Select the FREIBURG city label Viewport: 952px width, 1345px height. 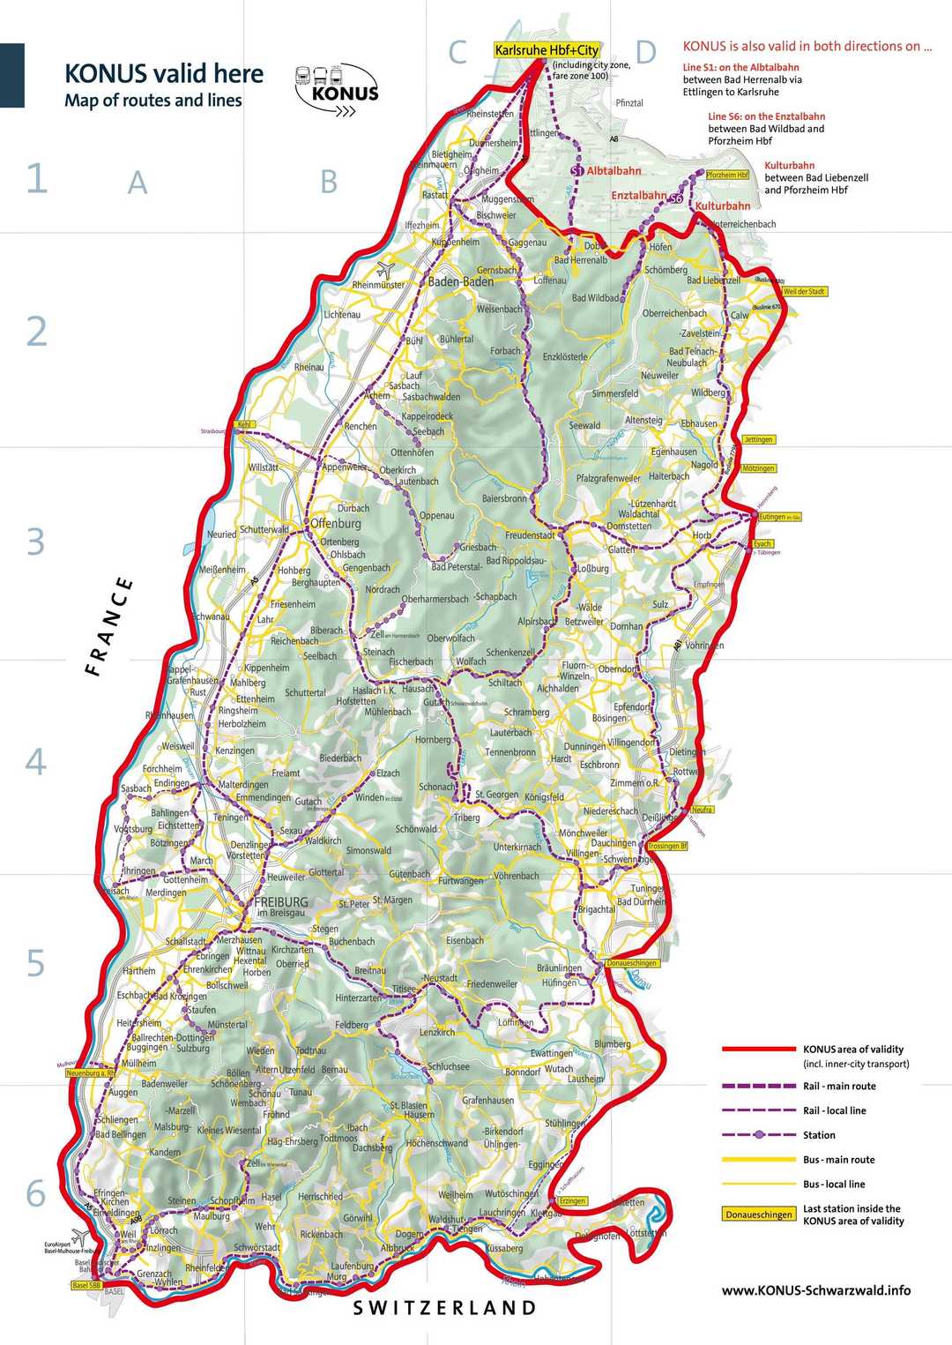(x=280, y=902)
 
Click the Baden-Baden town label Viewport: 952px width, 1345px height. (x=460, y=282)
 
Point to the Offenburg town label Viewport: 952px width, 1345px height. (x=336, y=523)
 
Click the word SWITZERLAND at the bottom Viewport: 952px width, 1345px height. (x=444, y=1308)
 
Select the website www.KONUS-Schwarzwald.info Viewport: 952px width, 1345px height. (x=815, y=1290)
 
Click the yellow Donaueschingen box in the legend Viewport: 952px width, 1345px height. (x=759, y=1214)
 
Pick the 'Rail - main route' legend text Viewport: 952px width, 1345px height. (x=839, y=1087)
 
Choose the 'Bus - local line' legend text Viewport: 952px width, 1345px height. (x=834, y=1184)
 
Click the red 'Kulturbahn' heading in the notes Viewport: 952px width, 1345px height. (x=789, y=166)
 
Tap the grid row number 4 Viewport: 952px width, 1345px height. (x=35, y=761)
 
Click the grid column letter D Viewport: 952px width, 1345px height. (x=645, y=53)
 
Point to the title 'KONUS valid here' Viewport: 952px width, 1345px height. (x=164, y=73)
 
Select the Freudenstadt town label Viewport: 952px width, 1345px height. (x=530, y=535)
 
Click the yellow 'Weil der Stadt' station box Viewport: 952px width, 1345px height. (x=804, y=291)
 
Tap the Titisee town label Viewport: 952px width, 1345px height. (x=404, y=990)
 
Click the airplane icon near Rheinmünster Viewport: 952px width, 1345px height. (x=385, y=268)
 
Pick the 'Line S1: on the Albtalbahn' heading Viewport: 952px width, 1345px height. (x=740, y=67)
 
